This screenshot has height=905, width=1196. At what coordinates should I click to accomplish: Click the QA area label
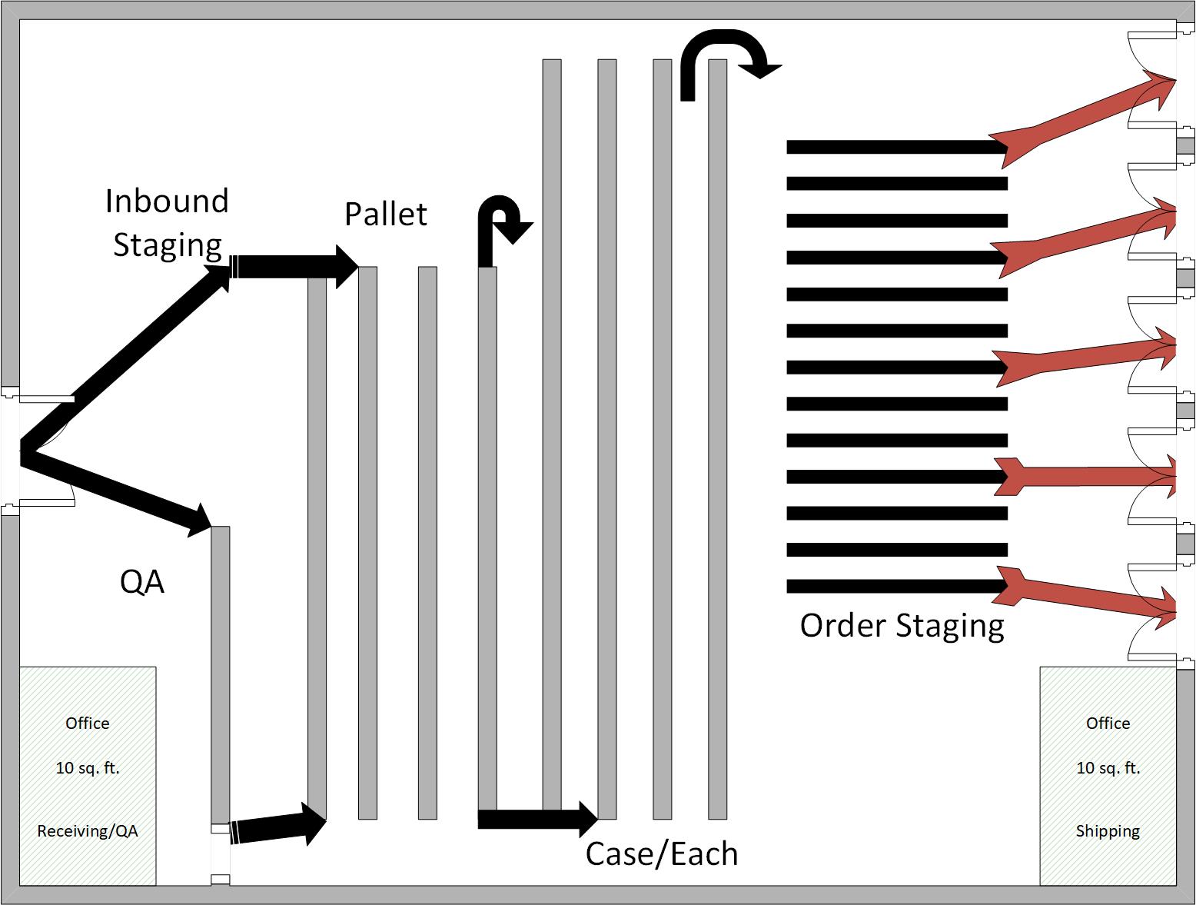pos(142,582)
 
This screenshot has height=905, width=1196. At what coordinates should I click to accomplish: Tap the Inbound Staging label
pos(167,222)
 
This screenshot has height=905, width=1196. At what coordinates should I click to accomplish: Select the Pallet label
pos(385,214)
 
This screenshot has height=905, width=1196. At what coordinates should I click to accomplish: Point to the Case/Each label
pos(662,853)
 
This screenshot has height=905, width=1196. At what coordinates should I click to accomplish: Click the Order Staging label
pos(902,625)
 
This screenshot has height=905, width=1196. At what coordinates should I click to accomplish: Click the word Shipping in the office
pos(1108,831)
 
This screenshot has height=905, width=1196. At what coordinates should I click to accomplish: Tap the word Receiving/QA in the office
pos(88,831)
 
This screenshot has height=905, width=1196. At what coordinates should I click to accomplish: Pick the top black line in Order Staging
pos(896,146)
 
